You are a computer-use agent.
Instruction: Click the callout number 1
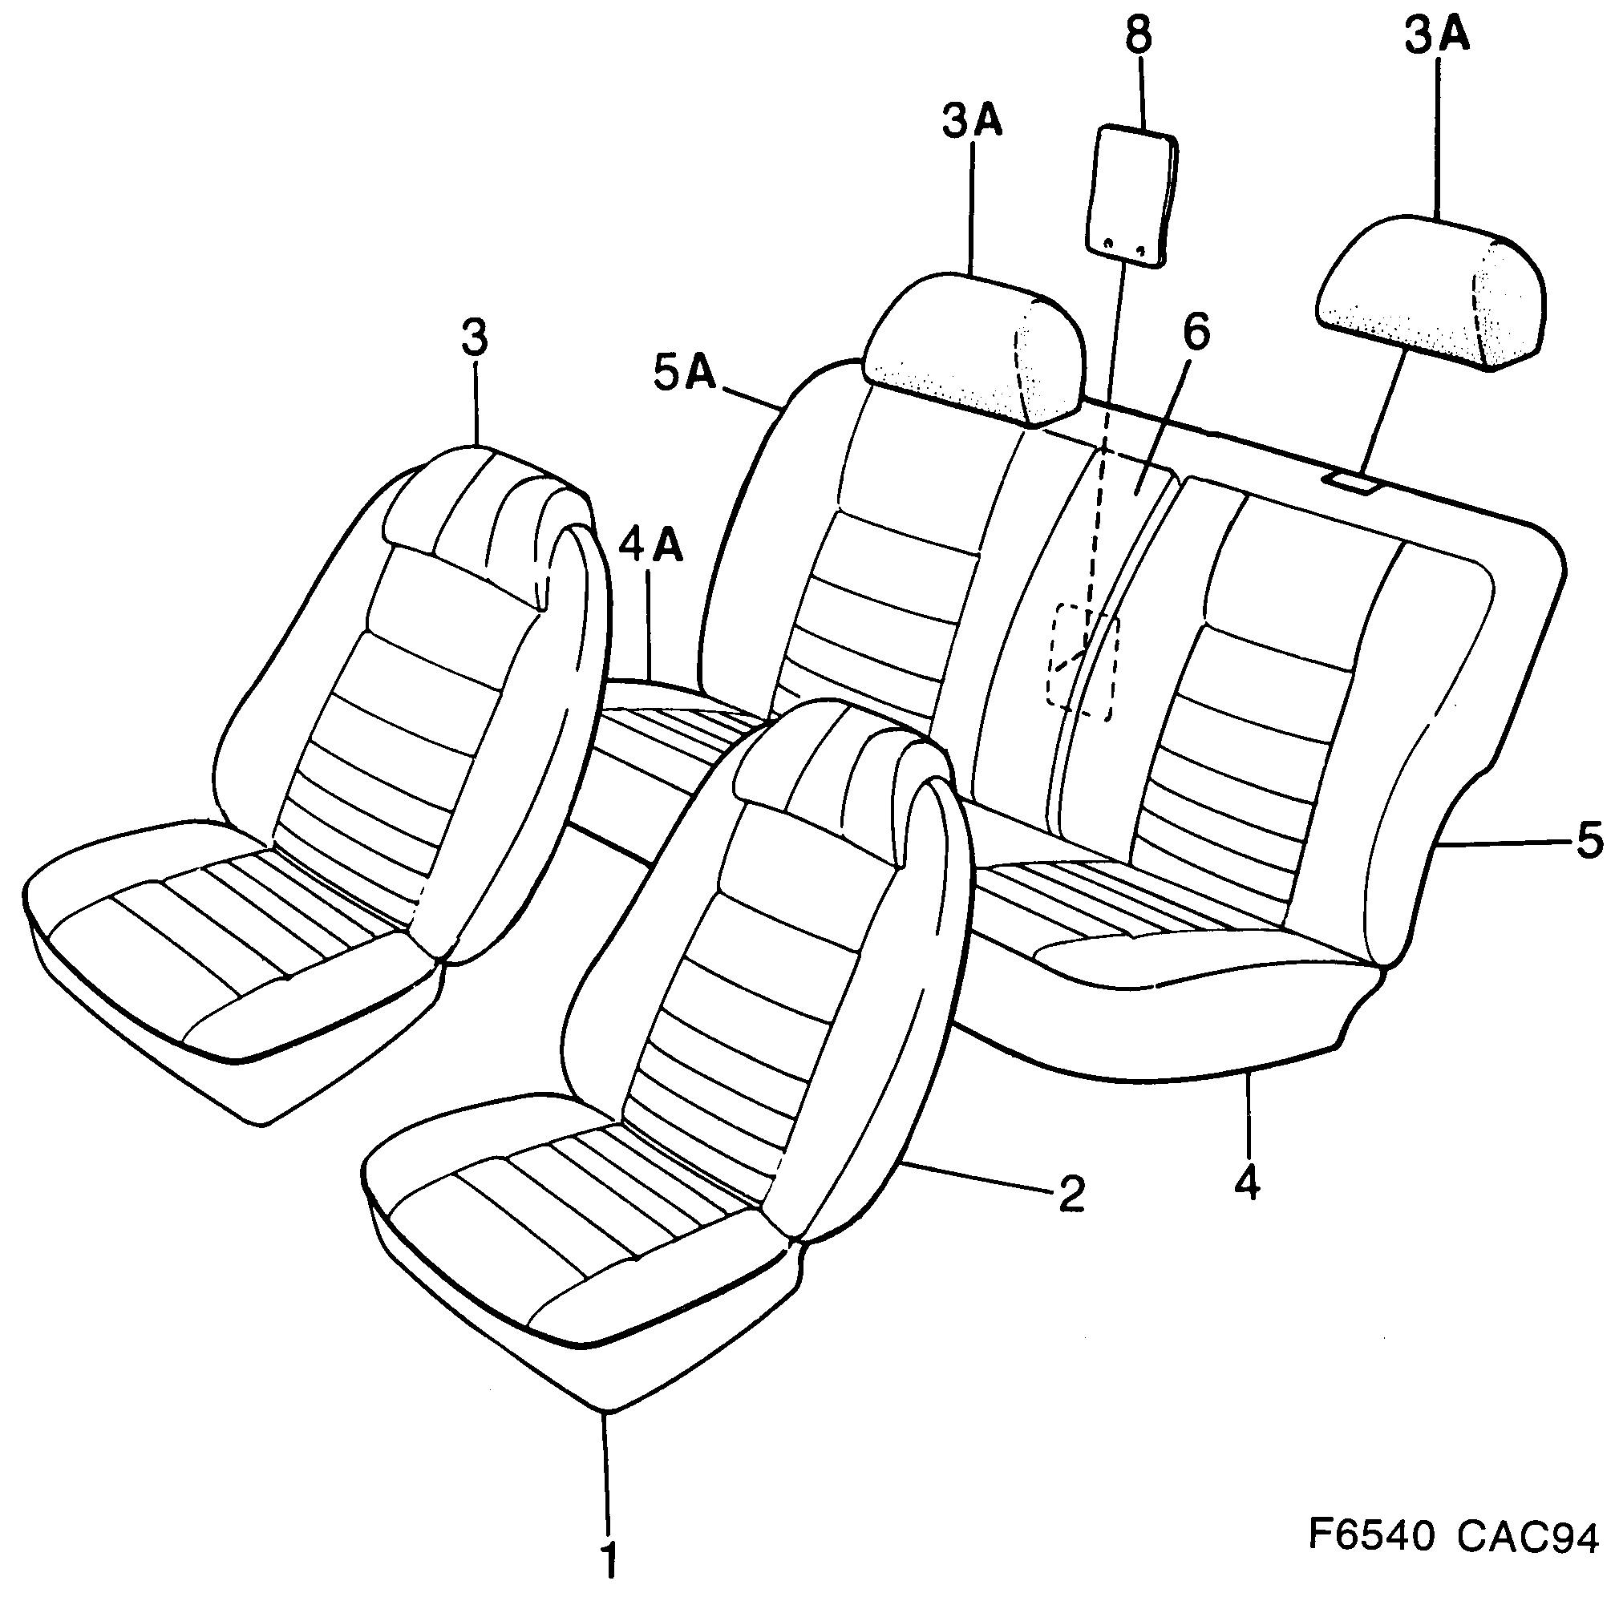point(609,1559)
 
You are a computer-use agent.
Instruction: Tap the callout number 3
point(474,339)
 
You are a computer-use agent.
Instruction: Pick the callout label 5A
point(686,374)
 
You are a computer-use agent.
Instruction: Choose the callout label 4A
point(651,545)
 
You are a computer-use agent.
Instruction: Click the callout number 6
point(1196,331)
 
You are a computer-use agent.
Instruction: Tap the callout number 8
point(1137,36)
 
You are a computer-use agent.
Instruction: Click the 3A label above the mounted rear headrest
point(972,122)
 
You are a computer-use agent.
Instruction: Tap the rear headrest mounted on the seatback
point(972,348)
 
